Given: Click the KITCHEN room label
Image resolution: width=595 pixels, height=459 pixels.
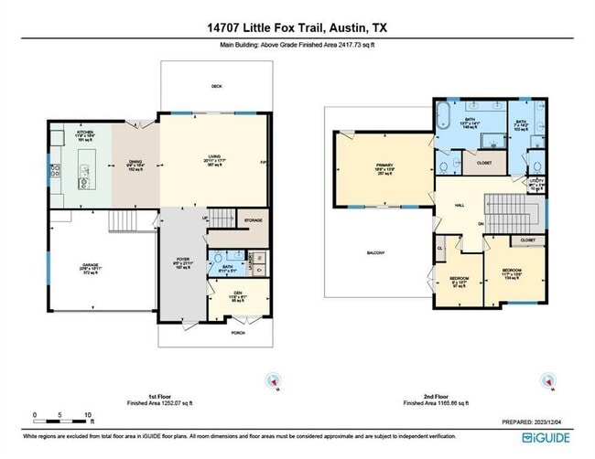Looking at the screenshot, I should (86, 132).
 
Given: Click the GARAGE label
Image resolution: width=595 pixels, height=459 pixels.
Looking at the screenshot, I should (90, 266).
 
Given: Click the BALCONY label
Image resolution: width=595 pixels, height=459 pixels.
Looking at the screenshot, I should (375, 253).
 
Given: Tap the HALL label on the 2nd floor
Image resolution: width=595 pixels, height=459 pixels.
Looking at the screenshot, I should (460, 205).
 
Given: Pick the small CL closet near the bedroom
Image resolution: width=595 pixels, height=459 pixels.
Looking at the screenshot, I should (440, 247).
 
